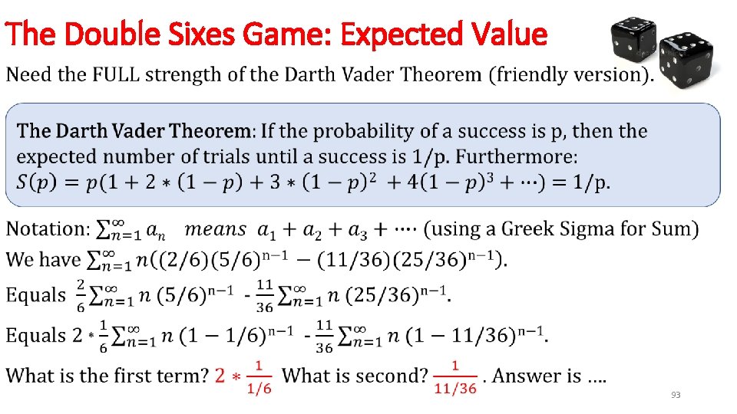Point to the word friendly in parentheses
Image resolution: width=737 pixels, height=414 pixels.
click(x=537, y=75)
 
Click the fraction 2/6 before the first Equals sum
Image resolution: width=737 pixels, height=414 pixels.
click(x=81, y=295)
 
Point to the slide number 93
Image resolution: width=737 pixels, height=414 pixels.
click(x=676, y=395)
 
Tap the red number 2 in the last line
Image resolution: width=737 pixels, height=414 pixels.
click(x=221, y=376)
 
